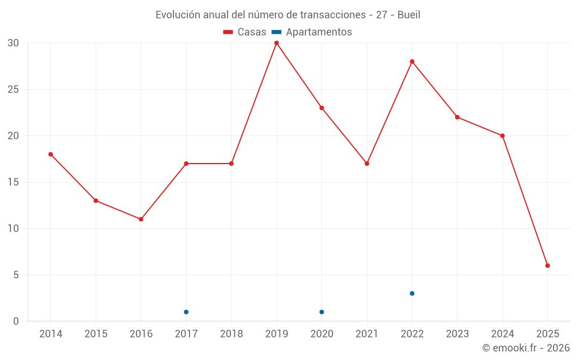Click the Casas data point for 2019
(276, 43)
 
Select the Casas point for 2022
(412, 62)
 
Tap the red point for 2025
(548, 266)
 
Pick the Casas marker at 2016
(141, 219)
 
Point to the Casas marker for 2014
(51, 154)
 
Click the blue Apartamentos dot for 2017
(186, 312)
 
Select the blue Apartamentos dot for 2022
(412, 294)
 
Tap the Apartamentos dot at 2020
(321, 312)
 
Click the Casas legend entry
(245, 32)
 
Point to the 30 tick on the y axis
(13, 43)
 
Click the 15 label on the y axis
(13, 182)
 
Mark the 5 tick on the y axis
(16, 275)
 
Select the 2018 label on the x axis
(231, 334)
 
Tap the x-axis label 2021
(367, 334)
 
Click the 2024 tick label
(502, 334)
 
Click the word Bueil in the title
(408, 15)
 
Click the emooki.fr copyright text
(526, 348)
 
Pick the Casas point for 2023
(457, 117)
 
